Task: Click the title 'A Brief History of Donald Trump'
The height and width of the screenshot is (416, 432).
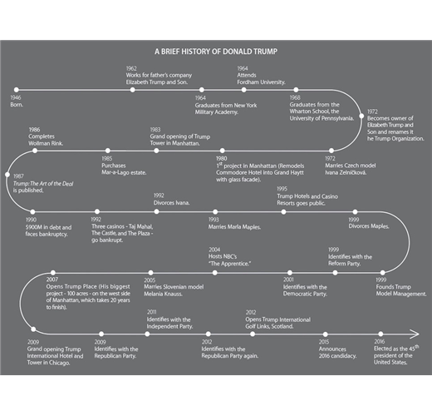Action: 216,52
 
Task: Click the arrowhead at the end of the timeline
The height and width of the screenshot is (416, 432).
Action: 415,334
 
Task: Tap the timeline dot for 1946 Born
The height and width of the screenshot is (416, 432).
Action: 17,90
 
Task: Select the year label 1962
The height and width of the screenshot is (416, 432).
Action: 131,68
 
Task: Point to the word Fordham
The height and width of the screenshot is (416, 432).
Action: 247,82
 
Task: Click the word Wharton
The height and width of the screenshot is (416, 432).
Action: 300,111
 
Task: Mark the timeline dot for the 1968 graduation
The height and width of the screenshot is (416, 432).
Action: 296,90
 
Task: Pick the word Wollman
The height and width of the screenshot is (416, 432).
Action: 38,143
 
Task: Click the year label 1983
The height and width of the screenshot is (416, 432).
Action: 155,130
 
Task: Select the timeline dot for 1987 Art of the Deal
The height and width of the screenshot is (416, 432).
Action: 7,175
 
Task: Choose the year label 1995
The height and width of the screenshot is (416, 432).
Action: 282,189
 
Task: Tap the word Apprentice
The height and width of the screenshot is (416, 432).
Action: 230,264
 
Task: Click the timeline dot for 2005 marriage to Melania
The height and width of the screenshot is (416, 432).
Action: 150,273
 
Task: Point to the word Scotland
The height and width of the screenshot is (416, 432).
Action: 282,326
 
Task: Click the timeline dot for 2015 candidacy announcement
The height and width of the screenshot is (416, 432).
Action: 326,334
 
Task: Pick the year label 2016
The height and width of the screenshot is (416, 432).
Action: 380,341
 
